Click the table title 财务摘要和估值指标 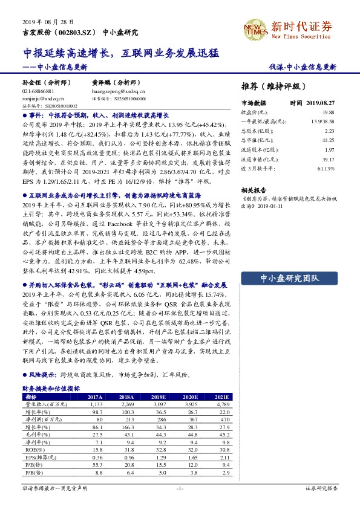[51, 389]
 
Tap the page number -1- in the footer [179, 488]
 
